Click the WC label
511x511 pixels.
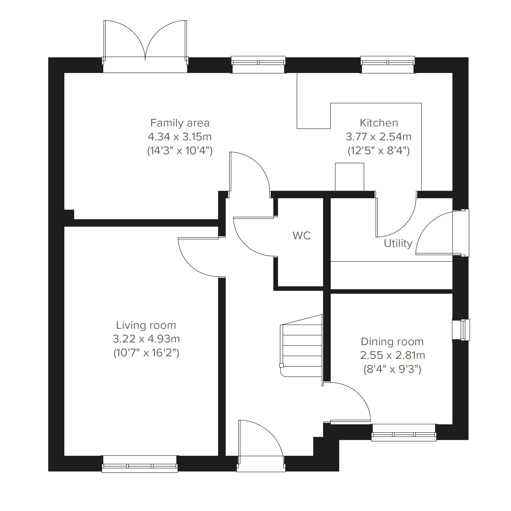[302, 236]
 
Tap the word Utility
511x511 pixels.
[398, 244]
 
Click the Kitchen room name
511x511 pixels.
[379, 123]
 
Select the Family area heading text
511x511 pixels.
[180, 123]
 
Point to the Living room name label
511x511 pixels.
[146, 325]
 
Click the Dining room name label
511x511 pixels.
[392, 342]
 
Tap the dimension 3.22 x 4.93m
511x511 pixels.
[146, 339]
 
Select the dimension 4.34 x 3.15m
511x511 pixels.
[180, 137]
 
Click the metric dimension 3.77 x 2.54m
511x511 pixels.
[379, 137]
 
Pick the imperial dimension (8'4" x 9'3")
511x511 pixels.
[392, 369]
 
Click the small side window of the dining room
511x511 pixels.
[461, 330]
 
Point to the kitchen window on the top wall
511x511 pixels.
[388, 65]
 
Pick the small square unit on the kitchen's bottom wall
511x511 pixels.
[349, 177]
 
